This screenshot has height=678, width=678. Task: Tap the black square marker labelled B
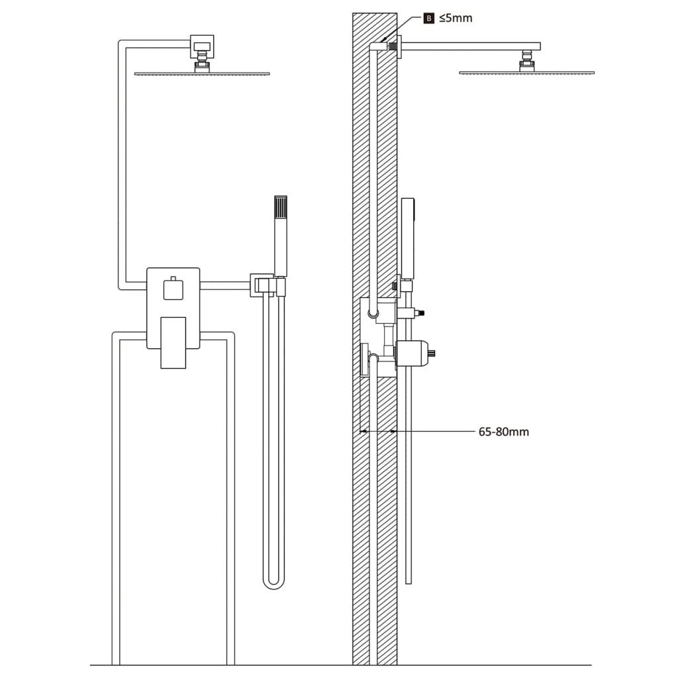(x=429, y=18)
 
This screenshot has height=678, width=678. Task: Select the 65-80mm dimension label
(x=503, y=432)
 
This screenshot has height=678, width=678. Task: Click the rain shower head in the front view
(x=202, y=72)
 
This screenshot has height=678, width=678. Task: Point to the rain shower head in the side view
(x=526, y=72)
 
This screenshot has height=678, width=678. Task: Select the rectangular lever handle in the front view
(x=173, y=341)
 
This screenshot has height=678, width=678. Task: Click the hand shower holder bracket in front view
(x=261, y=285)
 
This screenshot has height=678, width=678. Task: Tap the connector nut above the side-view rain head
(x=526, y=61)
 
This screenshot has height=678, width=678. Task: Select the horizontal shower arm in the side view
(x=470, y=46)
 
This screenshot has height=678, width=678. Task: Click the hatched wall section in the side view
(x=361, y=199)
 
